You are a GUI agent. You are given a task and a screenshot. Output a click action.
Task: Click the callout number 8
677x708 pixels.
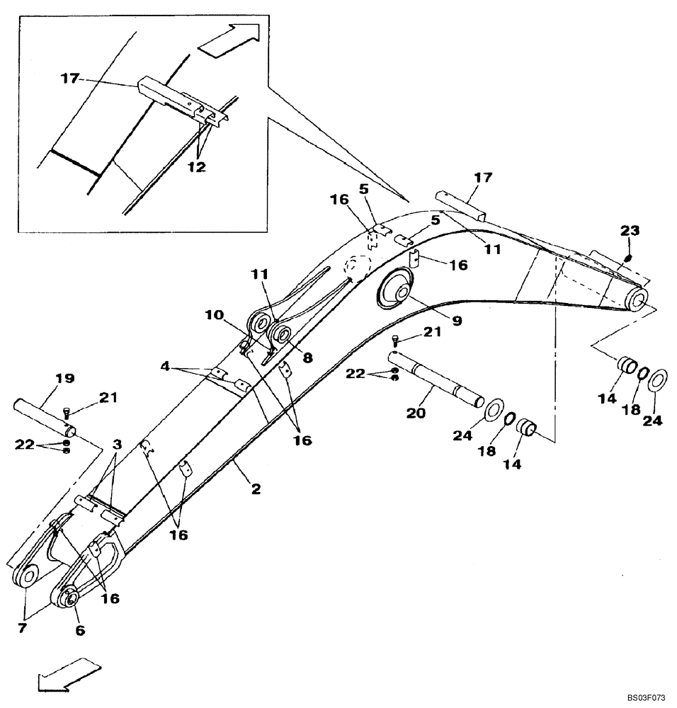tap(307, 358)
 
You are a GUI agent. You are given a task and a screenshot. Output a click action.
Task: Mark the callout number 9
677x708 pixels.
tap(457, 320)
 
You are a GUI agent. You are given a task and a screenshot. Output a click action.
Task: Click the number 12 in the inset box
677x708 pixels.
tap(197, 167)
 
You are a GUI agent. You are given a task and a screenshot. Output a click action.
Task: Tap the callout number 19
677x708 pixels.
tap(64, 379)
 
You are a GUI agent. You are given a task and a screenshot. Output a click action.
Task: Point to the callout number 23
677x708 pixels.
tap(629, 230)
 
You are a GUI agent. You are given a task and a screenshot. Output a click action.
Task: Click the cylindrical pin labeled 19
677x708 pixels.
tap(42, 417)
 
